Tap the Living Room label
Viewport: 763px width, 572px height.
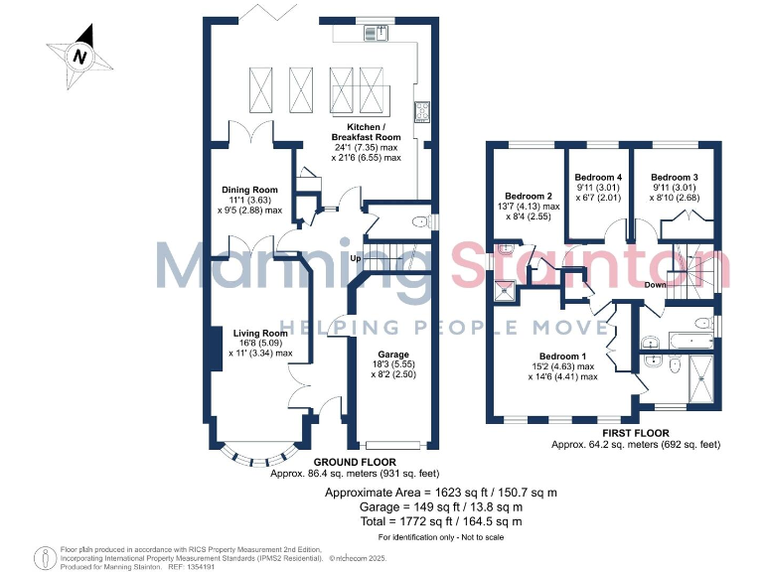(261, 334)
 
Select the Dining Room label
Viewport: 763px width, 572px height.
(249, 190)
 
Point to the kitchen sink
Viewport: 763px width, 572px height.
(378, 34)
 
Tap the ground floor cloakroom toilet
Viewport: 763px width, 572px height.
(421, 221)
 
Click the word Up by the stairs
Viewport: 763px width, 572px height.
(355, 259)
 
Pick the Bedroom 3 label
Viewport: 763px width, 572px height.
(675, 176)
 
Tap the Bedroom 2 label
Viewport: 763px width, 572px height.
(529, 196)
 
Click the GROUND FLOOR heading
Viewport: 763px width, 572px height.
(356, 463)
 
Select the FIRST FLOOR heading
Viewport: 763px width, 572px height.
(635, 433)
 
